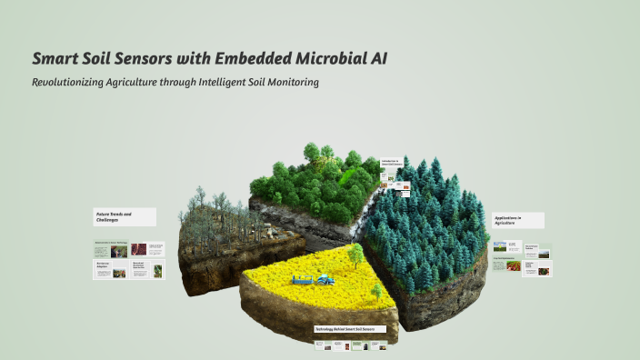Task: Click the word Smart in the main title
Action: tap(55, 59)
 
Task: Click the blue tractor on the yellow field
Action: tap(325, 276)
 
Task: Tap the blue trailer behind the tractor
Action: tap(304, 281)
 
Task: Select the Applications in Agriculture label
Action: tap(517, 220)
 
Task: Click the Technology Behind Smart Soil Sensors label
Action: tap(350, 328)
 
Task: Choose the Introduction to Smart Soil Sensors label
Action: tap(390, 162)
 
